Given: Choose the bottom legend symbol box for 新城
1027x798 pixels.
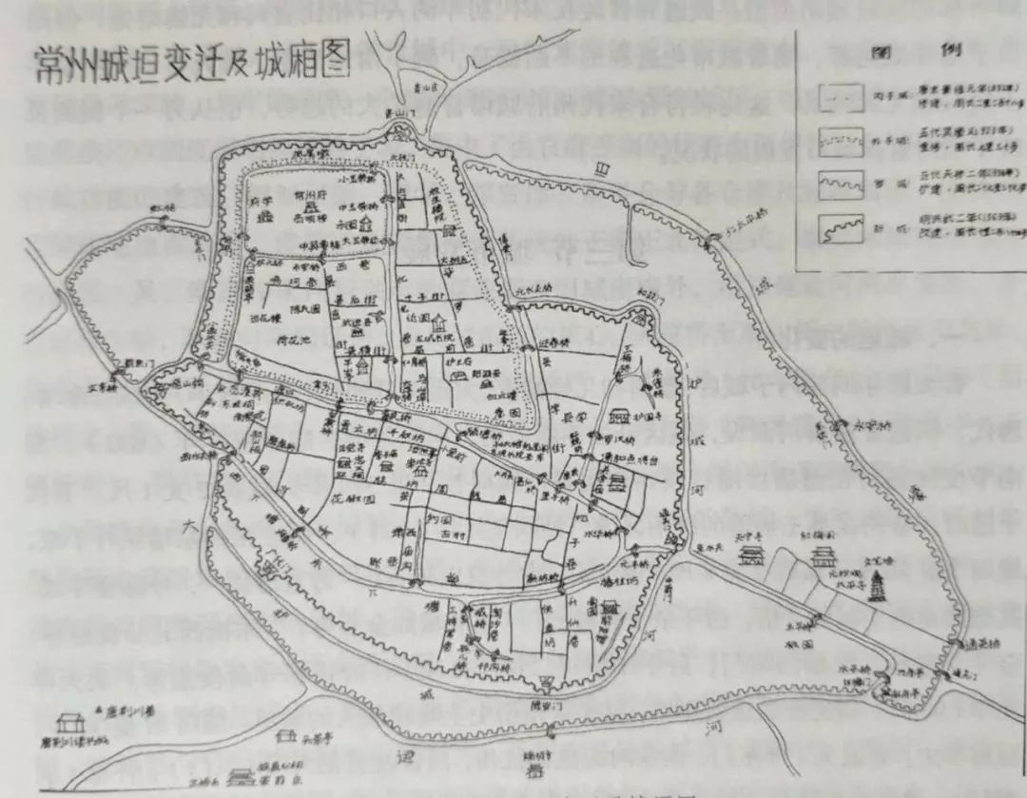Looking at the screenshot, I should point(842,228).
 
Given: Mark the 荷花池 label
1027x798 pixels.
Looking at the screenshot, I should point(286,338).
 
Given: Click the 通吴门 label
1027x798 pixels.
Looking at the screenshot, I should point(961,672).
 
